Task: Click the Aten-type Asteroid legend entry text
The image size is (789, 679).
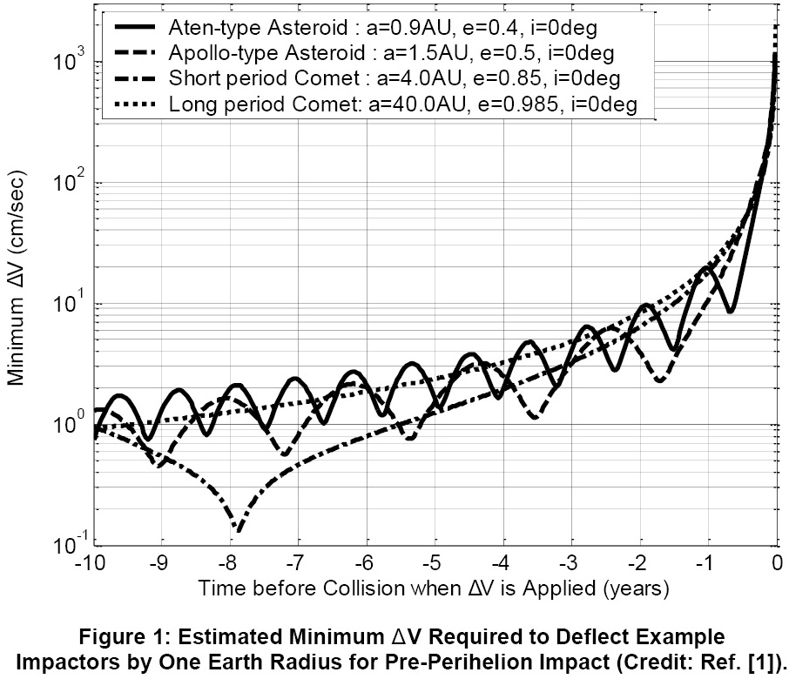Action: click(x=383, y=28)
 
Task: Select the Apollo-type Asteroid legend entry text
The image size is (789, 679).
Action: click(x=392, y=53)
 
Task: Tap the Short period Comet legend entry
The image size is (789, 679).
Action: click(x=394, y=78)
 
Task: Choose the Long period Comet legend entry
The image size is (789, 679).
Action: click(x=403, y=104)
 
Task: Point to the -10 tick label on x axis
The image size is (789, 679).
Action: click(x=90, y=563)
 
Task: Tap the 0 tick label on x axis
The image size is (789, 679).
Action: click(x=778, y=563)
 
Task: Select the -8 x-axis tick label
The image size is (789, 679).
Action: click(x=226, y=563)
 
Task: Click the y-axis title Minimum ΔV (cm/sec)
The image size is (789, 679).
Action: click(x=16, y=279)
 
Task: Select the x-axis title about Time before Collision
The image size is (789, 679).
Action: click(x=434, y=588)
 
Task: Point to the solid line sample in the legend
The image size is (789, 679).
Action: click(x=135, y=27)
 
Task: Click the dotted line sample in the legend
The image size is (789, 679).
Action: click(x=135, y=104)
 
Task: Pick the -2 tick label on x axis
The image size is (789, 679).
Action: click(x=637, y=563)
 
